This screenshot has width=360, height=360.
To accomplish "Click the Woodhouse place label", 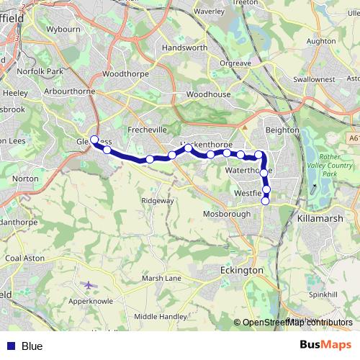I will [208, 94].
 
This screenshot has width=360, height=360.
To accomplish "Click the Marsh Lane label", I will [161, 278].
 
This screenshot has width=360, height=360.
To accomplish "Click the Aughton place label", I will [321, 42].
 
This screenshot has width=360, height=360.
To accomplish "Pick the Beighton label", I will [282, 130].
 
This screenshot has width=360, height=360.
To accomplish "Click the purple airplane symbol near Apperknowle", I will [89, 285].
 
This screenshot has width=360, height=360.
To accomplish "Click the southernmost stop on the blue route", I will [265, 201].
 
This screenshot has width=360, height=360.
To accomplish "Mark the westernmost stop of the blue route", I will [94, 139].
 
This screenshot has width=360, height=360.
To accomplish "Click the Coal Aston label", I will [24, 258].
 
